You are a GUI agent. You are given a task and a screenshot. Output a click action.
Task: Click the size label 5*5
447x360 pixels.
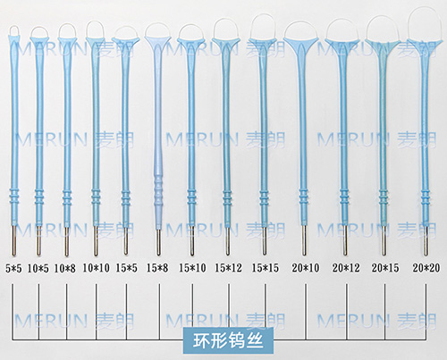13,269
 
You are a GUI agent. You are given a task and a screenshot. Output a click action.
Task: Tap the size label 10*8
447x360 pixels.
64,269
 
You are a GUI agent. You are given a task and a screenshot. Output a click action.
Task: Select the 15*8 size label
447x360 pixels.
157,268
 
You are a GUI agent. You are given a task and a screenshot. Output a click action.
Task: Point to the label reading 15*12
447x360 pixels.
228,268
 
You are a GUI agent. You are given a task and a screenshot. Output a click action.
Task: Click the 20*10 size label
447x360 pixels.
306,268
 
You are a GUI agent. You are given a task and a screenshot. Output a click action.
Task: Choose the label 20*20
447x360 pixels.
426,268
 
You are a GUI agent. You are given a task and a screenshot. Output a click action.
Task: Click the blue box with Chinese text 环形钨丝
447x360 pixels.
228,340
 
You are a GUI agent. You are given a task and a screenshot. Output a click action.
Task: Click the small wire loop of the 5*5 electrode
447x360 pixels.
14,26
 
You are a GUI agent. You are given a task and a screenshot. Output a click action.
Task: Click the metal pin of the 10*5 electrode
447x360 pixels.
38,240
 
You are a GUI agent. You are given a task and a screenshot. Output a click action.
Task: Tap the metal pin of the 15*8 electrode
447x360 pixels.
158,242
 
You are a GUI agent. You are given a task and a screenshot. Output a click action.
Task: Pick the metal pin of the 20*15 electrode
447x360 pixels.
384,240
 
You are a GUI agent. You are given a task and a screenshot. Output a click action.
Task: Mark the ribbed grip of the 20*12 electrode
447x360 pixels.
344,197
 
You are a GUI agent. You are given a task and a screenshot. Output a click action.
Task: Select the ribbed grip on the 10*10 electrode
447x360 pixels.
96,197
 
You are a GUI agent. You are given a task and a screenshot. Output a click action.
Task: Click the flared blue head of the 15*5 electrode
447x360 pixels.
126,44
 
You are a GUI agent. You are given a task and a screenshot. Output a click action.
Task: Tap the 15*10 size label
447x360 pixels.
192,268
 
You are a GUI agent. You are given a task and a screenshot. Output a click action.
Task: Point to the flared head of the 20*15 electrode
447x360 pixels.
383,46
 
